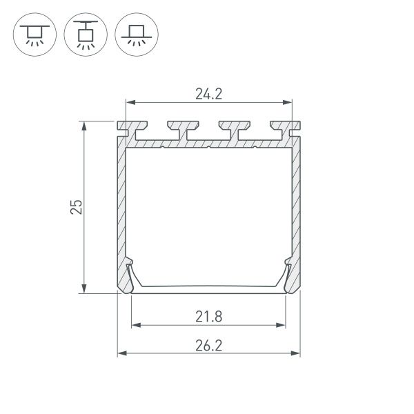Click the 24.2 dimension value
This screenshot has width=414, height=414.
pyautogui.click(x=208, y=95)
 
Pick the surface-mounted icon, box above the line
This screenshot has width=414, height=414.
pyautogui.click(x=135, y=32)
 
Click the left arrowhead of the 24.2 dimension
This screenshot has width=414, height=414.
pyautogui.click(x=129, y=103)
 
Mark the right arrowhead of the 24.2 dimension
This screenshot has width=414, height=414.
pyautogui.click(x=288, y=103)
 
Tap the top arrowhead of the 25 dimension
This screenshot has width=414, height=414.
pyautogui.click(x=84, y=126)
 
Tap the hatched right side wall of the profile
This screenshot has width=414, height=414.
pyautogui.click(x=296, y=207)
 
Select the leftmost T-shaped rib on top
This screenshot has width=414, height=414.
pyautogui.click(x=134, y=129)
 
